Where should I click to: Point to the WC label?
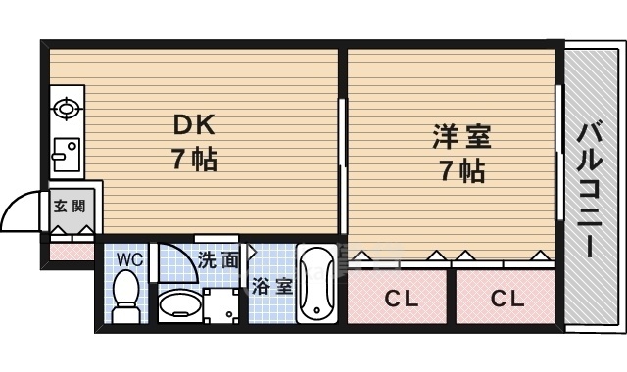click(x=129, y=259)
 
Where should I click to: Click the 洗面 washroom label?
click(x=217, y=260)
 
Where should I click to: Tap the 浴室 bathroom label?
click(x=271, y=286)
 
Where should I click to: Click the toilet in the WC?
click(x=125, y=295)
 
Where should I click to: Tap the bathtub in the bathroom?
click(x=316, y=286)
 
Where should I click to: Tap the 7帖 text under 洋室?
click(x=459, y=171)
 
